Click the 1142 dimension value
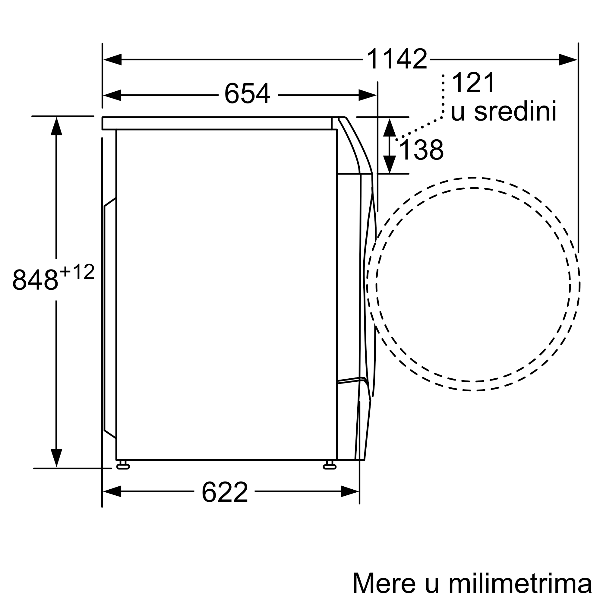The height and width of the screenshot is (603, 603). [397, 59]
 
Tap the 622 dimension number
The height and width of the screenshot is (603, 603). [225, 492]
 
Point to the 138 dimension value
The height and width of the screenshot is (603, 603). [421, 150]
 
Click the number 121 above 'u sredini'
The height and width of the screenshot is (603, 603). [473, 82]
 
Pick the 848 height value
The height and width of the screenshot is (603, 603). [35, 280]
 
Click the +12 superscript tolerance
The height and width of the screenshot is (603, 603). [77, 272]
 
